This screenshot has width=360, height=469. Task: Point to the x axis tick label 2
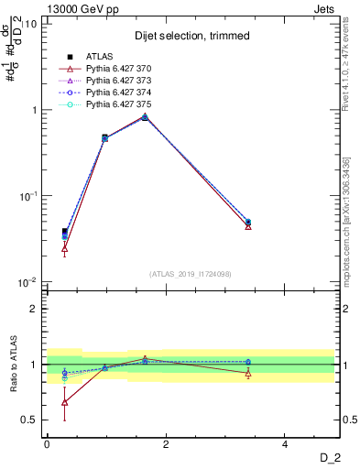coord(166,444)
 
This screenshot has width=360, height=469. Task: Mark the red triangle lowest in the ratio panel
coord(64,402)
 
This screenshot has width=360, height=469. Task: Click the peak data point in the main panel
coord(145,116)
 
